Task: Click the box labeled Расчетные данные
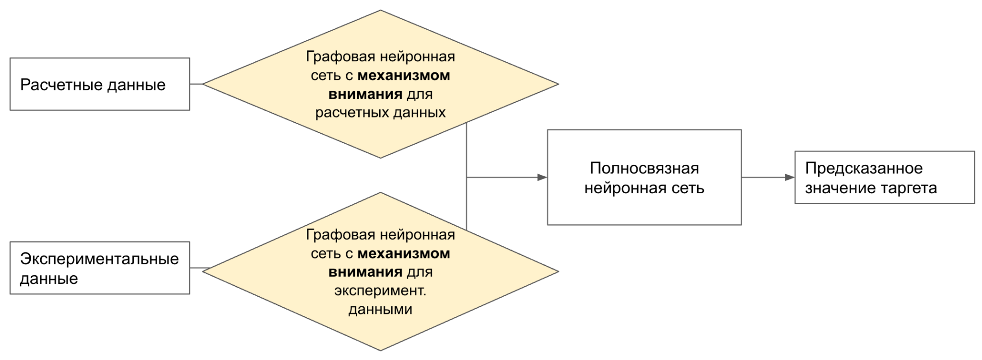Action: [x=100, y=84]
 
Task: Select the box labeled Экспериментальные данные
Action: [x=100, y=268]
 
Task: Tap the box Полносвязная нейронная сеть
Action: [x=644, y=177]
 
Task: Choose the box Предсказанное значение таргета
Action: [x=884, y=177]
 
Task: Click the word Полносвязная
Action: [x=644, y=168]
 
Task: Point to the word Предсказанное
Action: [x=864, y=168]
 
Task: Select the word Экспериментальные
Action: [x=99, y=259]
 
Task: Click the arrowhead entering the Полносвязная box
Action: [x=542, y=177]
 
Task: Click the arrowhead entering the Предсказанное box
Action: [x=790, y=177]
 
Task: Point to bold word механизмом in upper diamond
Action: [x=404, y=75]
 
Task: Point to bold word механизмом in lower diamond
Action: [x=404, y=253]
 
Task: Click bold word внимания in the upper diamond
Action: [x=365, y=94]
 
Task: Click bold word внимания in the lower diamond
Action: [x=365, y=272]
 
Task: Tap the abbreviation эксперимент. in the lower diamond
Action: [x=380, y=290]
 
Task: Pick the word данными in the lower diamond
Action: [x=380, y=309]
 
